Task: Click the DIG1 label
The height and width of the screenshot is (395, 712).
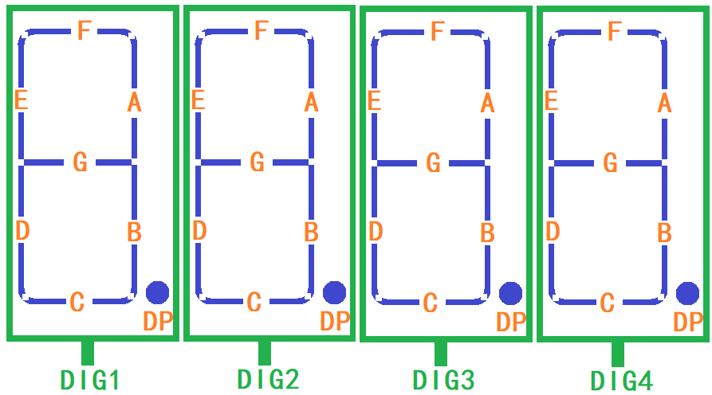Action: tap(90, 380)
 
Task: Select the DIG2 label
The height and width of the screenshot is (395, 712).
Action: tap(268, 380)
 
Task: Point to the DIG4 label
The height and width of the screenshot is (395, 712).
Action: tap(621, 381)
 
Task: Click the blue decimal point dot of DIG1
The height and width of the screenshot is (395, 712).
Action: tap(157, 292)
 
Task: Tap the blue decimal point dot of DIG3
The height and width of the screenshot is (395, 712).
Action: tap(510, 293)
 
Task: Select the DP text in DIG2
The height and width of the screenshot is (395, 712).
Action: tap(335, 322)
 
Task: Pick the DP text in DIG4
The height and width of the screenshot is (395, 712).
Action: tap(688, 323)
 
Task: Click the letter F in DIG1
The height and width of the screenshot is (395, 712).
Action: tap(84, 31)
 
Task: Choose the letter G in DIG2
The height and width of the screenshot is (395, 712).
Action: tap(257, 162)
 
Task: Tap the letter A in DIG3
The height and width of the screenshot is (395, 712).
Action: tap(488, 103)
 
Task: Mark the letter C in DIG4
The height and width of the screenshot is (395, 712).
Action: tap(607, 303)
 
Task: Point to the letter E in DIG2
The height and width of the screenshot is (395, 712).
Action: tap(199, 100)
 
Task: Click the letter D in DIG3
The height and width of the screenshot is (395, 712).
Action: tap(376, 232)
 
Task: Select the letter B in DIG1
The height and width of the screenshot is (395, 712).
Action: tap(134, 233)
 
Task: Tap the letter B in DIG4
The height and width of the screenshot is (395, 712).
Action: tap(664, 233)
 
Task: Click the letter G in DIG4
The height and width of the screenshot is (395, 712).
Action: tap(610, 163)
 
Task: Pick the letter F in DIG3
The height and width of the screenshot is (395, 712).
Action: tap(436, 32)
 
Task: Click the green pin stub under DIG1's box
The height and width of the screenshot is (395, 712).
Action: tap(88, 353)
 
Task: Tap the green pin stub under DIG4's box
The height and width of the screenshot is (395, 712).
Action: tap(618, 354)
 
